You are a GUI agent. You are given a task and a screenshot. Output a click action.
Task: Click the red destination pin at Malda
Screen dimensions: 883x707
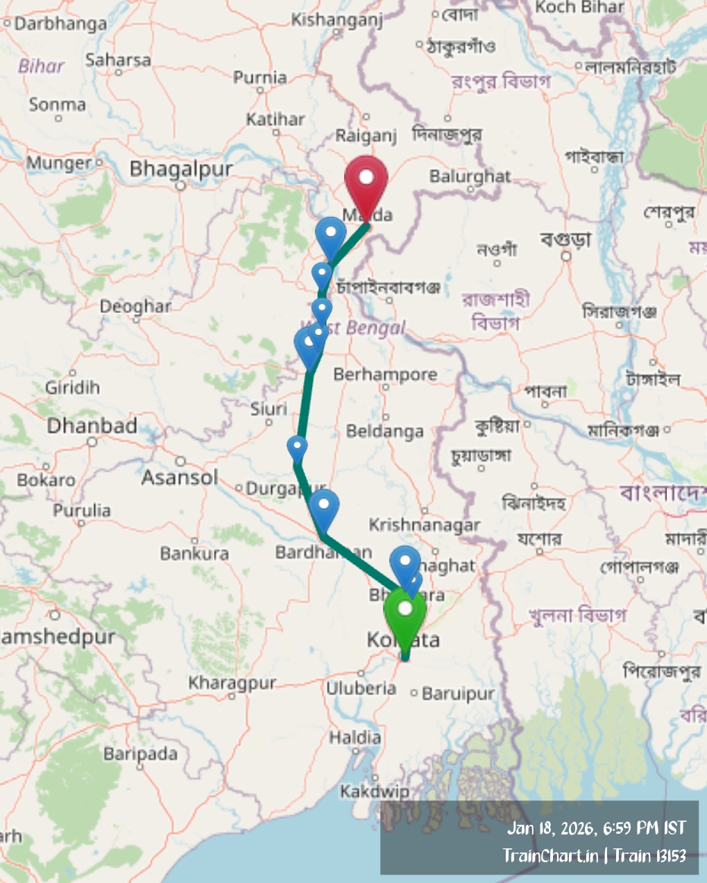pyautogui.click(x=366, y=179)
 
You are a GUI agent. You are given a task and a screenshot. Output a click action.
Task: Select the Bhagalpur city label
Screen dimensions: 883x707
pyautogui.click(x=181, y=168)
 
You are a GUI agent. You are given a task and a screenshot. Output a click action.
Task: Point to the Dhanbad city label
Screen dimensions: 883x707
pyautogui.click(x=92, y=426)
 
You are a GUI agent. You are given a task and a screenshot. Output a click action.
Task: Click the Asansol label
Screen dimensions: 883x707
pyautogui.click(x=180, y=477)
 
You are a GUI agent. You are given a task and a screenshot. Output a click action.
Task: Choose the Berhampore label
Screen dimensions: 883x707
pyautogui.click(x=385, y=374)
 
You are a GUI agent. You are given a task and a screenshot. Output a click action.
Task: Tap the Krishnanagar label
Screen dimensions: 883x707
pyautogui.click(x=424, y=525)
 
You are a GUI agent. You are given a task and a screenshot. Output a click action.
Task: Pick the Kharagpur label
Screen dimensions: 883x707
pyautogui.click(x=232, y=683)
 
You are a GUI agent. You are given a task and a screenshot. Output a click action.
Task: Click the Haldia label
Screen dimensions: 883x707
pyautogui.click(x=355, y=737)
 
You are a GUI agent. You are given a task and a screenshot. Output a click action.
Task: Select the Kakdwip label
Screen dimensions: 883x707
pyautogui.click(x=374, y=791)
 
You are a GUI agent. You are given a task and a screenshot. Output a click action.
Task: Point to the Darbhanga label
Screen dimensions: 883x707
pyautogui.click(x=60, y=24)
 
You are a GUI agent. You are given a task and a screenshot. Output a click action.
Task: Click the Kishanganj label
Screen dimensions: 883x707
pyautogui.click(x=337, y=19)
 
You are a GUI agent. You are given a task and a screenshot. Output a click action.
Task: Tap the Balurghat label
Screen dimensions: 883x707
pyautogui.click(x=470, y=176)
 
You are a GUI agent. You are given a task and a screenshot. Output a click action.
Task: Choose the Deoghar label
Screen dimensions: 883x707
pyautogui.click(x=135, y=306)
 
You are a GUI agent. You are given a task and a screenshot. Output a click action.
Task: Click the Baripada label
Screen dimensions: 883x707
pyautogui.click(x=140, y=753)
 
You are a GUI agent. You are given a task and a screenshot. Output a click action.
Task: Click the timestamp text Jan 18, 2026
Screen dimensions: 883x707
pyautogui.click(x=552, y=828)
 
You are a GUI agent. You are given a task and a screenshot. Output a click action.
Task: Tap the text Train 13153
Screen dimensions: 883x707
pyautogui.click(x=649, y=855)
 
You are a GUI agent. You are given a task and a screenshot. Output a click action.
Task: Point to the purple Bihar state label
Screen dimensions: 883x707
pyautogui.click(x=41, y=67)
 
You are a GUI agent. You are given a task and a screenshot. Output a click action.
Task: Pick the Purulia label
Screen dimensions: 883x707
pyautogui.click(x=82, y=510)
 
